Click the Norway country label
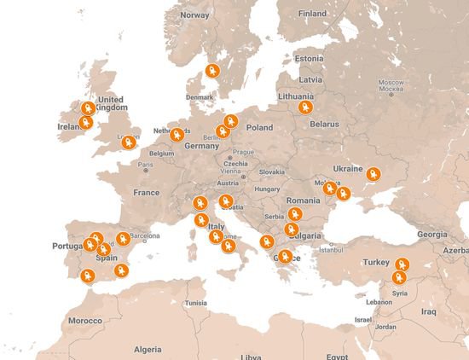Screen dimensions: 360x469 pyautogui.click(x=194, y=15)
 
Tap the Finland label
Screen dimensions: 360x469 pyautogui.click(x=312, y=14)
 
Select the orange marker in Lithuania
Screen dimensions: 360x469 pyautogui.click(x=305, y=107)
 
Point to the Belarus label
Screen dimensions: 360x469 pyautogui.click(x=324, y=124)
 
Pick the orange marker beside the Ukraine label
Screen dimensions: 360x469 pyautogui.click(x=373, y=175)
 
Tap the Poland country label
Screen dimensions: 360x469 pyautogui.click(x=259, y=127)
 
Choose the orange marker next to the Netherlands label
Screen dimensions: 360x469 pyautogui.click(x=177, y=135)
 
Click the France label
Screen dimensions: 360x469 pyautogui.click(x=147, y=193)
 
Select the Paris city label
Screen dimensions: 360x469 pyautogui.click(x=146, y=164)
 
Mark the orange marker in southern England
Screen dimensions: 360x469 pyautogui.click(x=128, y=142)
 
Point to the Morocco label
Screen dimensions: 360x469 pyautogui.click(x=85, y=321)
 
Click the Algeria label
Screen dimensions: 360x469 pyautogui.click(x=147, y=349)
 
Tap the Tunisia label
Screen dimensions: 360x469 pyautogui.click(x=196, y=303)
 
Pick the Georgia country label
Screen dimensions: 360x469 pyautogui.click(x=431, y=234)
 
